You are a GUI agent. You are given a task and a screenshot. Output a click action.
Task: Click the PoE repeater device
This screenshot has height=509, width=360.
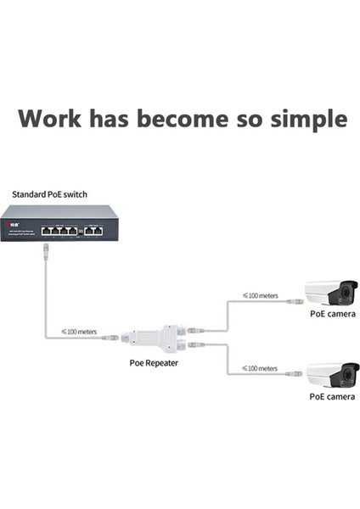point(158,336)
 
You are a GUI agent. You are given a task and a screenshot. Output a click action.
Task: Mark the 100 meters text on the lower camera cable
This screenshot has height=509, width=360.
point(259,368)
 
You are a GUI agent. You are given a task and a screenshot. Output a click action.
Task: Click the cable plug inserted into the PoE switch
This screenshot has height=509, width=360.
point(45,249)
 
